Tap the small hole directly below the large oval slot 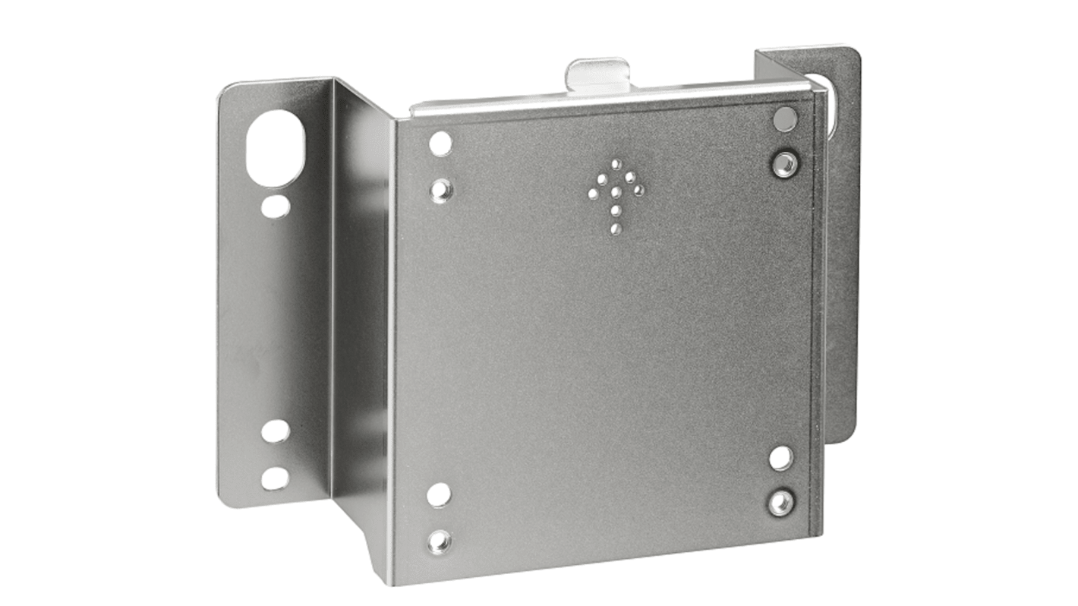tap(275, 206)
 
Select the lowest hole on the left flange tap(275, 478)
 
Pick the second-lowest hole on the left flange tap(275, 431)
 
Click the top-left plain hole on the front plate tap(440, 144)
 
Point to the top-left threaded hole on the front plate tap(441, 189)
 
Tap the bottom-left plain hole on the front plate tap(439, 494)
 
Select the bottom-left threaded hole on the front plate tap(440, 541)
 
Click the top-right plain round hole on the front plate tap(785, 119)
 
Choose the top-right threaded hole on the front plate tap(784, 164)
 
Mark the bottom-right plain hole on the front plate tap(781, 458)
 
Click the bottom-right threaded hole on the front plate tap(780, 503)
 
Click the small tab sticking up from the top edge tap(597, 74)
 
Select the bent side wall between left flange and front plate tap(363, 319)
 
